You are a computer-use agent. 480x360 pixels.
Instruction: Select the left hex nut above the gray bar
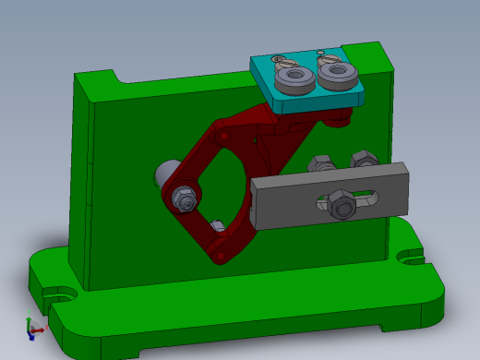click(x=322, y=164)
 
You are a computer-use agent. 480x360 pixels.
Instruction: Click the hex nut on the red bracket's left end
click(x=183, y=196)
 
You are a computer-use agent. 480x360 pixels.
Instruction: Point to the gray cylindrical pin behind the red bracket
click(x=165, y=173)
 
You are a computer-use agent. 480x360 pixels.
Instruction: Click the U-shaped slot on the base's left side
click(x=62, y=295)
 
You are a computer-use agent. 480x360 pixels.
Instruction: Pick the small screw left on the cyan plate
click(x=279, y=60)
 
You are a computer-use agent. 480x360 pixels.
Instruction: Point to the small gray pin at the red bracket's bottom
click(x=217, y=226)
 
